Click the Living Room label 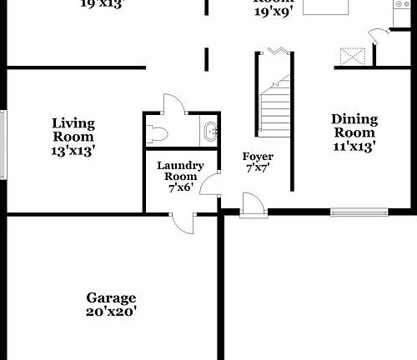click(73, 130)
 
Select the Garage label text click(111, 297)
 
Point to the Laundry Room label click(180, 171)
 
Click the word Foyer click(258, 157)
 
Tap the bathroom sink click(209, 131)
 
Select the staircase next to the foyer click(274, 104)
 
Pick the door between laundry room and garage click(183, 218)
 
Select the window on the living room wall click(3, 143)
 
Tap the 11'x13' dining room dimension click(354, 145)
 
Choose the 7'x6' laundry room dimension click(180, 188)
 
